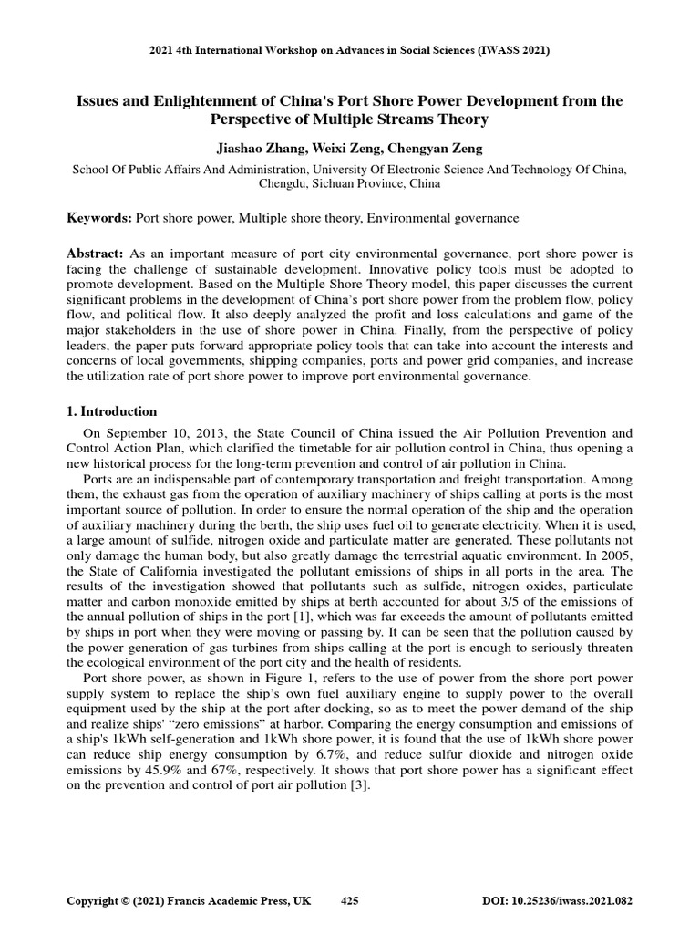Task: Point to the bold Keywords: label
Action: [99, 218]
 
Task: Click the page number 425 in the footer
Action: [349, 901]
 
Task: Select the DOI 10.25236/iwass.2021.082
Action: [571, 901]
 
